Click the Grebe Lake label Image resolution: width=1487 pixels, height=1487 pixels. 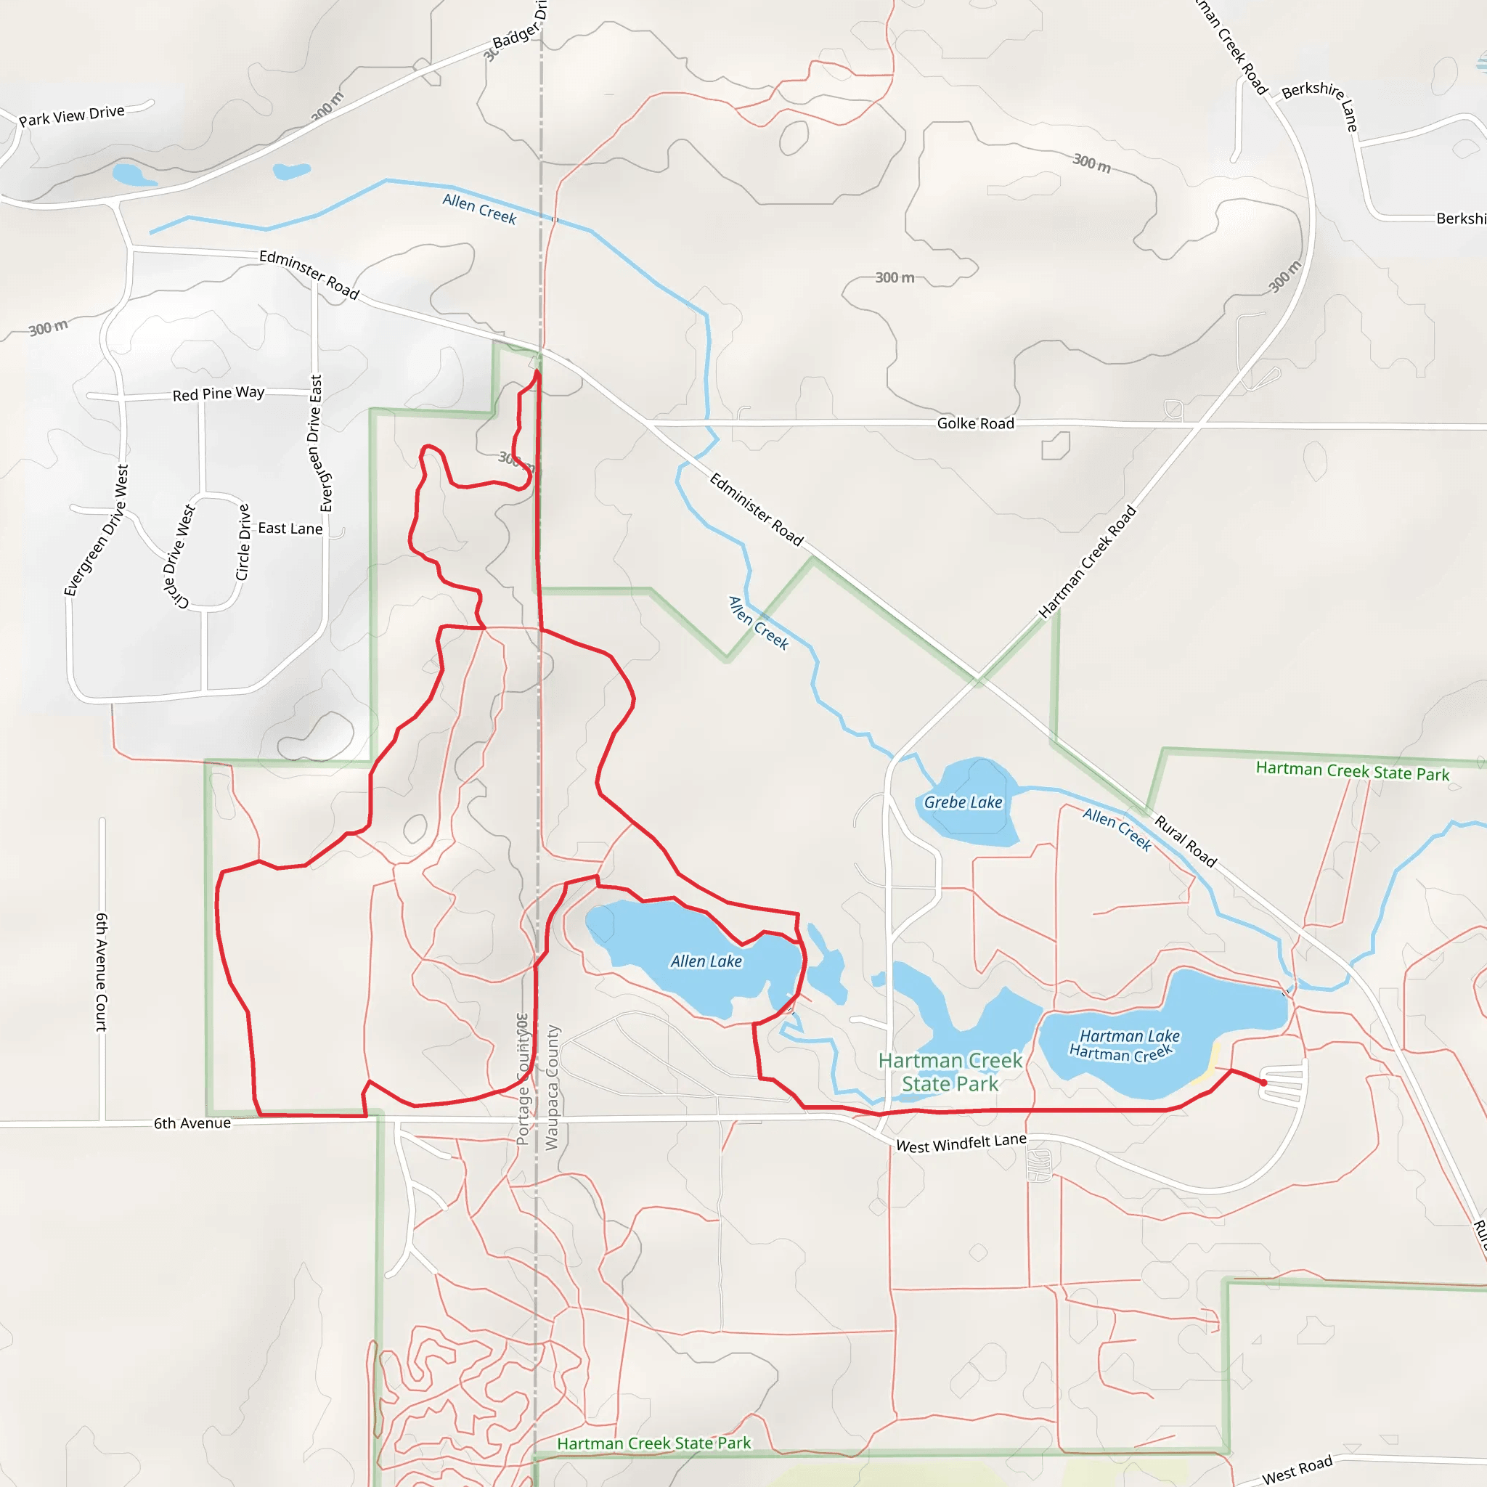(963, 802)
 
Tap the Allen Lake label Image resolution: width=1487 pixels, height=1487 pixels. (706, 961)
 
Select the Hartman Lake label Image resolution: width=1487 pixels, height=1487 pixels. (1129, 1036)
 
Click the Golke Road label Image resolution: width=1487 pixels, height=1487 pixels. (975, 423)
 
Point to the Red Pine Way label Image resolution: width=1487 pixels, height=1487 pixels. (218, 394)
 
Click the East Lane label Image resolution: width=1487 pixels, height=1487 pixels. (290, 528)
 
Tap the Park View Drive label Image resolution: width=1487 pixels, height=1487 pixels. (72, 115)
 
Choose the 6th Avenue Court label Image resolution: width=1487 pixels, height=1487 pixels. (101, 972)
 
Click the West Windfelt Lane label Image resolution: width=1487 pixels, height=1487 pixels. (961, 1144)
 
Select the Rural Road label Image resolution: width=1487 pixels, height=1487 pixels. (1185, 842)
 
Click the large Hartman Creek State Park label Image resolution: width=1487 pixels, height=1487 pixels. (950, 1072)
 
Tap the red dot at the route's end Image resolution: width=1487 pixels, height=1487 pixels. (1263, 1083)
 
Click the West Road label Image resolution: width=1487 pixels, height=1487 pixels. (1297, 1470)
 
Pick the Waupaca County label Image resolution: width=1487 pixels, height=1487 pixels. (553, 1087)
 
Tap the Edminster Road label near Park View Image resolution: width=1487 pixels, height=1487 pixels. (309, 274)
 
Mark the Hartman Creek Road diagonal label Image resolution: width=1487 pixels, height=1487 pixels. (1087, 562)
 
